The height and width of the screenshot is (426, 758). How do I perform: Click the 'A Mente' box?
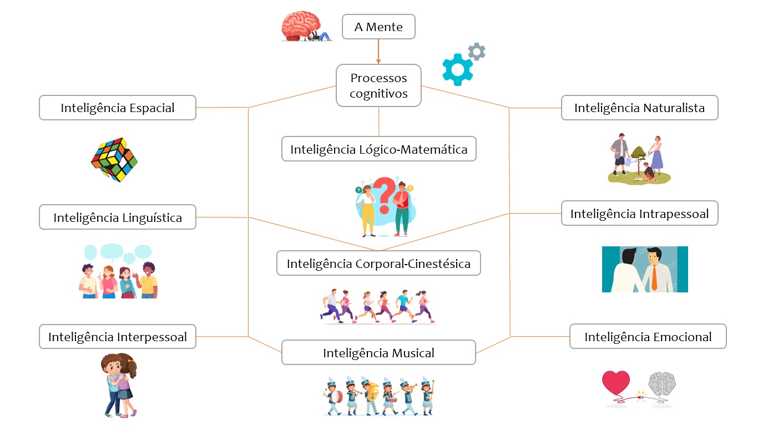[x=378, y=27]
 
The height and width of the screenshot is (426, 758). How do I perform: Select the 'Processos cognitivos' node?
[x=378, y=85]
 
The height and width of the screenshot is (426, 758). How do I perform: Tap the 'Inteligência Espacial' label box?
[x=118, y=108]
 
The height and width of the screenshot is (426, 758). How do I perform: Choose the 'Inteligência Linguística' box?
[x=118, y=217]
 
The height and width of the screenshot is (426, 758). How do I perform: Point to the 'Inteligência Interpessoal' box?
[x=118, y=336]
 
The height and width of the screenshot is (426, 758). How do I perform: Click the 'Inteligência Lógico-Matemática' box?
[x=378, y=149]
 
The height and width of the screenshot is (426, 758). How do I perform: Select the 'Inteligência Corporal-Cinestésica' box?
[x=378, y=263]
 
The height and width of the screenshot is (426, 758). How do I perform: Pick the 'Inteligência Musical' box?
[x=378, y=352]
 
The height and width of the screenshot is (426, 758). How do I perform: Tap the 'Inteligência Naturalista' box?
[x=639, y=108]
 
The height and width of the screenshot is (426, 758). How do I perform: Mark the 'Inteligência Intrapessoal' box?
[x=639, y=213]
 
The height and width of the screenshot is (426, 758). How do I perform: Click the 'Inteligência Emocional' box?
[x=648, y=336]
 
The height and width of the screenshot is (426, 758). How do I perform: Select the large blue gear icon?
[x=457, y=69]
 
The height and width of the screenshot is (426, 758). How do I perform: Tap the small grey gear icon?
[x=476, y=52]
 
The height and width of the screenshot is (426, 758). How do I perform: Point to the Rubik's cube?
[x=114, y=160]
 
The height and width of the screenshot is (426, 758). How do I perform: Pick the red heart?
[x=616, y=383]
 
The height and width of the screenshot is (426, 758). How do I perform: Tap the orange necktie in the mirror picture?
[x=654, y=277]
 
